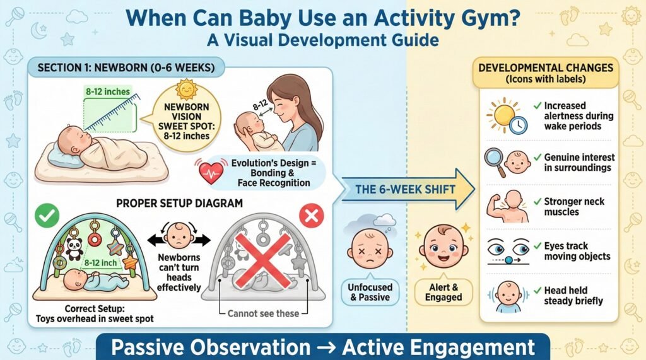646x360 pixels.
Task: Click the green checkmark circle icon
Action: [47, 216]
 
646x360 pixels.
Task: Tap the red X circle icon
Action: [312, 216]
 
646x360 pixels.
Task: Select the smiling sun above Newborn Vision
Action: [186, 90]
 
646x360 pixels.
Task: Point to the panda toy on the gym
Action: [74, 249]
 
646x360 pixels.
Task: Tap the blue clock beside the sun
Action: [519, 124]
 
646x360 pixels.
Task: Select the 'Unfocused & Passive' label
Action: [370, 292]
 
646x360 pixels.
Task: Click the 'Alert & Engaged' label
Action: [443, 292]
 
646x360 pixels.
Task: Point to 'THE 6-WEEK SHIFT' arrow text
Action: [406, 190]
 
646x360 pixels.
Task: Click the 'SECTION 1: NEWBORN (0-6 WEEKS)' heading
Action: [126, 67]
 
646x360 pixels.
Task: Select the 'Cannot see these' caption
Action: [263, 313]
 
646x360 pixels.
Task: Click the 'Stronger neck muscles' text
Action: [574, 207]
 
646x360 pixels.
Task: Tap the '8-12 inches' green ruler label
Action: [107, 91]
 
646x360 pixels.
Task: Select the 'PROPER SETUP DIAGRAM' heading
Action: [179, 203]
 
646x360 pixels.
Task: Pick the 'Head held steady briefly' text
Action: [573, 296]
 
